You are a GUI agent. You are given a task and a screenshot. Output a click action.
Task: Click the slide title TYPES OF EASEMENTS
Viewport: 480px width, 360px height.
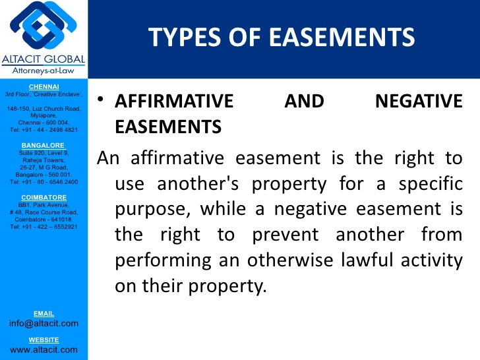pos(282,38)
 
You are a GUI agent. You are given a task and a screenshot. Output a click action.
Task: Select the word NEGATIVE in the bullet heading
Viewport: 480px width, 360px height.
pos(418,102)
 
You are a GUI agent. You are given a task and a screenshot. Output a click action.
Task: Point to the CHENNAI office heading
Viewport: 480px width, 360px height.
pos(44,86)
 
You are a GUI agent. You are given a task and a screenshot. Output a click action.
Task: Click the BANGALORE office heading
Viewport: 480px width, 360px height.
pos(43,145)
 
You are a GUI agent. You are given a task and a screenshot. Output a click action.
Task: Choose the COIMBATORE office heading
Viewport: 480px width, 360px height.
pos(44,197)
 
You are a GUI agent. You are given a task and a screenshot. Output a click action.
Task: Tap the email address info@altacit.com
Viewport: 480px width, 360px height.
pos(44,323)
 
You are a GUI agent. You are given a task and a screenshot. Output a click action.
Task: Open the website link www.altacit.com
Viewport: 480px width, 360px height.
pos(44,349)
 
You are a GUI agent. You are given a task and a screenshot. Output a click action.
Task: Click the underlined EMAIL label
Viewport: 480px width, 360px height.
pos(44,313)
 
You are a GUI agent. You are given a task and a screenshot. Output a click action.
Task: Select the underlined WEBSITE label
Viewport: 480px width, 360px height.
pos(44,340)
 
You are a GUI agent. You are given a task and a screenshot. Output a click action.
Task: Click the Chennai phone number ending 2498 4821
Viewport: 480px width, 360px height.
pos(44,130)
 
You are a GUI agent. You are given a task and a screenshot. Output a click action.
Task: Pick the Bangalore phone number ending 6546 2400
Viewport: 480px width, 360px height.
pos(44,182)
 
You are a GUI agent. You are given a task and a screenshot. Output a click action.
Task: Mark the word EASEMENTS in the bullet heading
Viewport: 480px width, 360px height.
pos(167,127)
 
